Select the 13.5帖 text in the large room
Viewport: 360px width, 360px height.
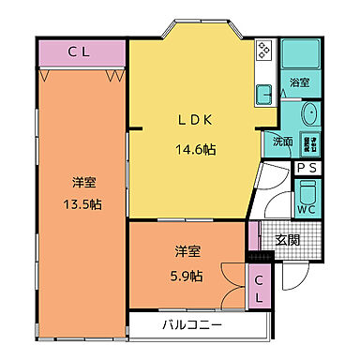82,204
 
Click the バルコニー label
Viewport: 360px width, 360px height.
191,325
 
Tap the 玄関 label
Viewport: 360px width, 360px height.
287,240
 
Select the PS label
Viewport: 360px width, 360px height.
307,168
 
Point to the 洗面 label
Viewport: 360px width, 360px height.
282,142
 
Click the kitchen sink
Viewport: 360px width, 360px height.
263,91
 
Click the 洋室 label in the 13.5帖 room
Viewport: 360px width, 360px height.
82,180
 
